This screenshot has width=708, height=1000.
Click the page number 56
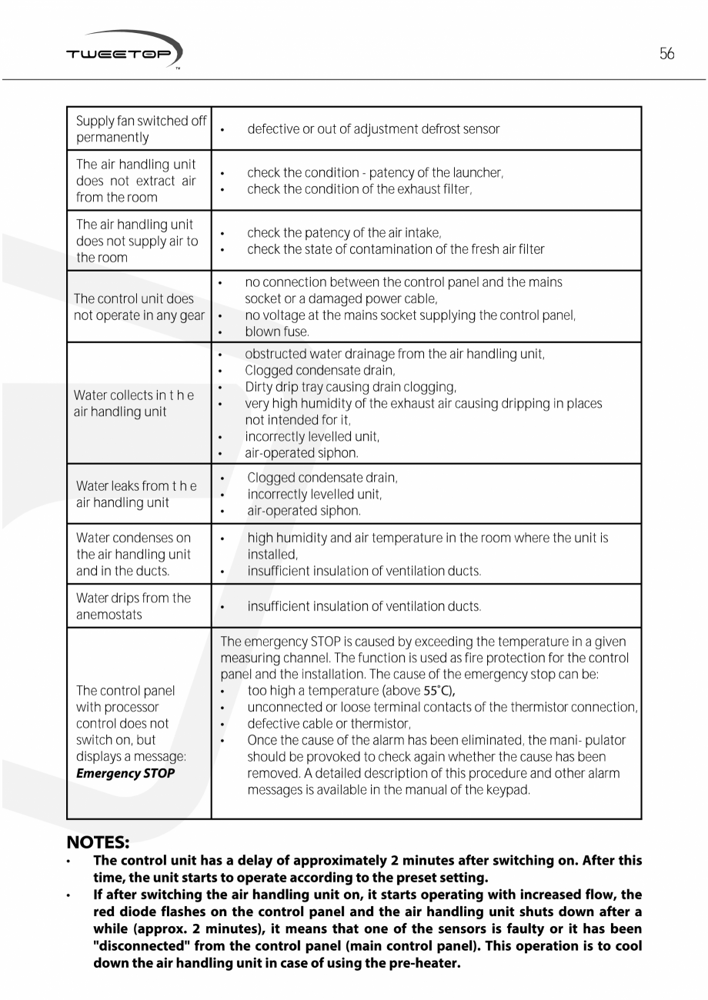click(666, 54)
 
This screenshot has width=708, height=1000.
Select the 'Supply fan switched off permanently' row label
click(141, 129)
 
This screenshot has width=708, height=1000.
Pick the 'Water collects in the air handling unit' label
click(134, 403)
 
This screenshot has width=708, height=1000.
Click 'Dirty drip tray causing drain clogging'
click(350, 387)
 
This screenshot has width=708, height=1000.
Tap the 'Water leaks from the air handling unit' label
click(136, 494)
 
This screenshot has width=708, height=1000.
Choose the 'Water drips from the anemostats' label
click(133, 606)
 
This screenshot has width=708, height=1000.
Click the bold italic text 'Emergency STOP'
click(125, 773)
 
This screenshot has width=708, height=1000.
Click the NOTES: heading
click(96, 842)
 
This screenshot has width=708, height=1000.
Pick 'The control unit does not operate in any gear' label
click(139, 307)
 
